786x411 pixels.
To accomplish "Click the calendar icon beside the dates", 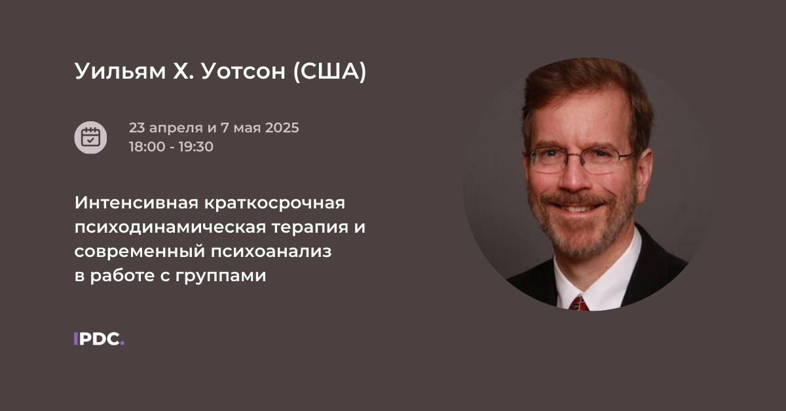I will click(x=90, y=137).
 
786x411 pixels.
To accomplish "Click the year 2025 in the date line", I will click(x=282, y=128).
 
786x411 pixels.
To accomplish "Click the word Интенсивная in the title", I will click(x=135, y=203).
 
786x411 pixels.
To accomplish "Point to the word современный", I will click(x=138, y=252).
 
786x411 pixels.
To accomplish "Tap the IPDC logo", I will click(x=99, y=339).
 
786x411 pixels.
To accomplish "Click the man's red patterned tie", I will click(x=578, y=303).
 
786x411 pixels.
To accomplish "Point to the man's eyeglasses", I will click(x=579, y=158).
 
